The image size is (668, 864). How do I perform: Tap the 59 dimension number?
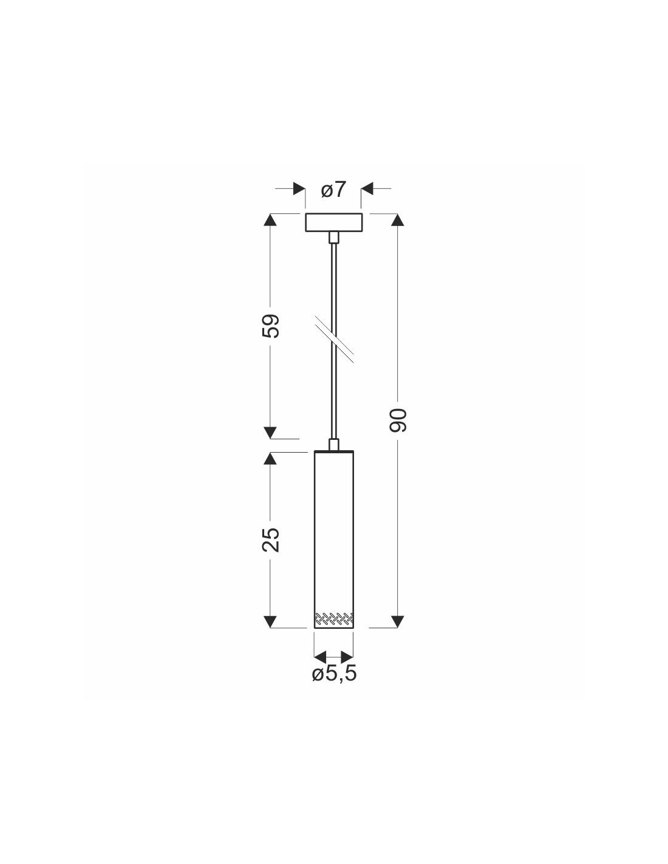tap(271, 326)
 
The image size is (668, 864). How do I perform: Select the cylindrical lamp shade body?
tap(334, 540)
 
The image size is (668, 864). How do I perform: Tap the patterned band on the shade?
tap(334, 617)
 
